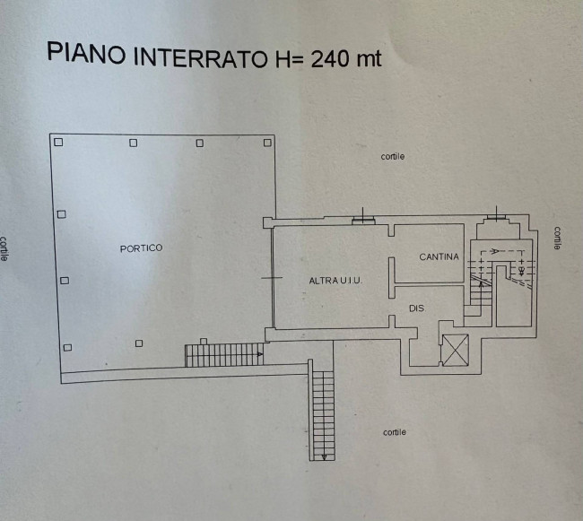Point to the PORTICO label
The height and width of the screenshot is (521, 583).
pos(141,248)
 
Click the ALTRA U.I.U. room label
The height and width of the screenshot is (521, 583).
pos(335,281)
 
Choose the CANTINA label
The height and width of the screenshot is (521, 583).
pos(439,257)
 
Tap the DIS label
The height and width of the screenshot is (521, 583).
pos(415,308)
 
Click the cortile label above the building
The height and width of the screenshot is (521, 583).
pos(392,157)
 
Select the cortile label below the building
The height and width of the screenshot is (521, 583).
pos(394,432)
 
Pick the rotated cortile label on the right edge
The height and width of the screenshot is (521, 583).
pos(557,238)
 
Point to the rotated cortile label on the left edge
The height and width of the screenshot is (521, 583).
pos(5,247)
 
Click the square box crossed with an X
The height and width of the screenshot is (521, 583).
pos(456,349)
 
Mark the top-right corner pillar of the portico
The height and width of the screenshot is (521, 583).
pos(266,143)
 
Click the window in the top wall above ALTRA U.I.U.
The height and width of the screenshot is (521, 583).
pos(363,217)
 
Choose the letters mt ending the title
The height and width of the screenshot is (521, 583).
pos(368,59)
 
